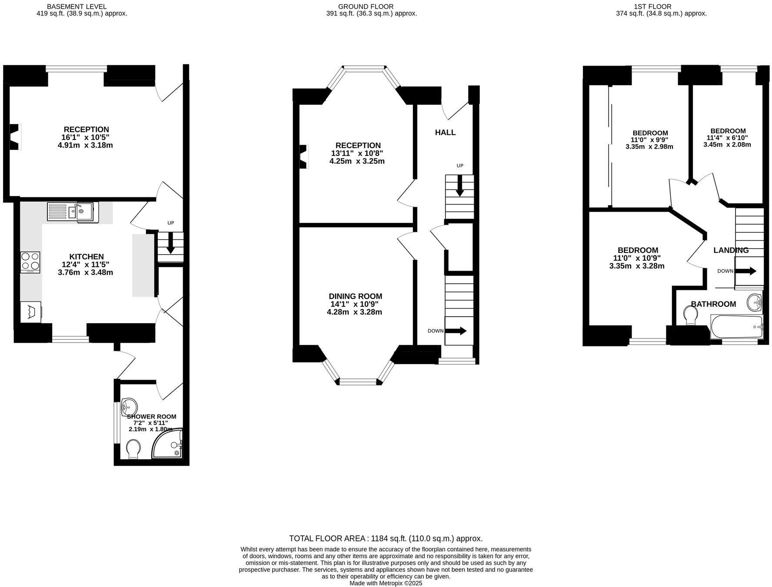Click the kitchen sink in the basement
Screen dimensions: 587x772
point(73,212)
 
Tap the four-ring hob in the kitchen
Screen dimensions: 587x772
point(30,262)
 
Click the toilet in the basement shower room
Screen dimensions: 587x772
point(133,449)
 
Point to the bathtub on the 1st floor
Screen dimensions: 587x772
point(736,327)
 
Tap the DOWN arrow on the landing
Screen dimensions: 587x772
point(746,271)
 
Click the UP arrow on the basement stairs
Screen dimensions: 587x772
point(170,242)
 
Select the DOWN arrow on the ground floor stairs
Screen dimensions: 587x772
point(456,331)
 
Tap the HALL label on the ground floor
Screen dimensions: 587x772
point(445,133)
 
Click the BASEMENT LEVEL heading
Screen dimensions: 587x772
point(77,7)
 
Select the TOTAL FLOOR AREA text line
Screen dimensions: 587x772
point(386,538)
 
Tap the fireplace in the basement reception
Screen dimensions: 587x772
point(16,136)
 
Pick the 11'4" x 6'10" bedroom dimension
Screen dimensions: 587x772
point(727,138)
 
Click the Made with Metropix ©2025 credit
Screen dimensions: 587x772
point(386,583)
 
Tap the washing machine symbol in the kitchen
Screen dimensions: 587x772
point(31,312)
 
